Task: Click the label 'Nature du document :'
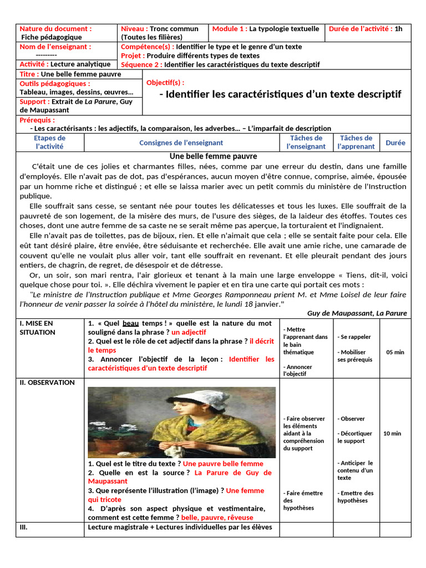click(55, 29)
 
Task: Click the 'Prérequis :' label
click(37, 120)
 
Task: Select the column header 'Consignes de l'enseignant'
click(181, 143)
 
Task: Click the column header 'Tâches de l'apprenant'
click(356, 142)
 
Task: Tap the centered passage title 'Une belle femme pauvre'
click(213, 156)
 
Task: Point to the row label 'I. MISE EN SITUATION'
click(37, 327)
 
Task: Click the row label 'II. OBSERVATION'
click(47, 382)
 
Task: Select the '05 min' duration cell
click(395, 352)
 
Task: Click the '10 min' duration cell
click(392, 433)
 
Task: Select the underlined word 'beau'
click(130, 323)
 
